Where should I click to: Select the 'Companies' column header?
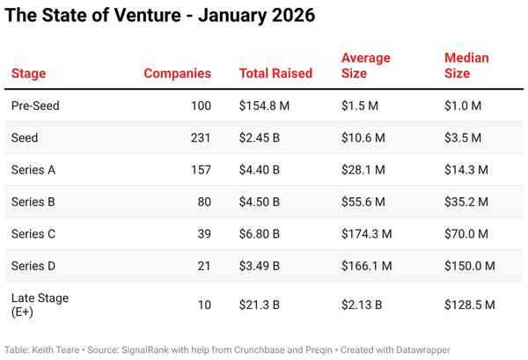178,73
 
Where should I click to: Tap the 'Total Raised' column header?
275,73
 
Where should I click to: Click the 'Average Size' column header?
366,66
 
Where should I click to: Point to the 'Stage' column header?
28,73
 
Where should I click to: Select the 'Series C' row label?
34,234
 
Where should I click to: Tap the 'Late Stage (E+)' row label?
40,305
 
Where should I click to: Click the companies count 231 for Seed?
202,138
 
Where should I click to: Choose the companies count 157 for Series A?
202,170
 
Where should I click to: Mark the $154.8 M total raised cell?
264,106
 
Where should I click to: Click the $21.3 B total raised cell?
260,305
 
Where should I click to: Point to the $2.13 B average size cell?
361,305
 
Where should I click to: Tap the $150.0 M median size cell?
470,266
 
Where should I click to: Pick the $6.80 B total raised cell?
260,234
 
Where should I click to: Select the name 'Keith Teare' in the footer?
58,349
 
